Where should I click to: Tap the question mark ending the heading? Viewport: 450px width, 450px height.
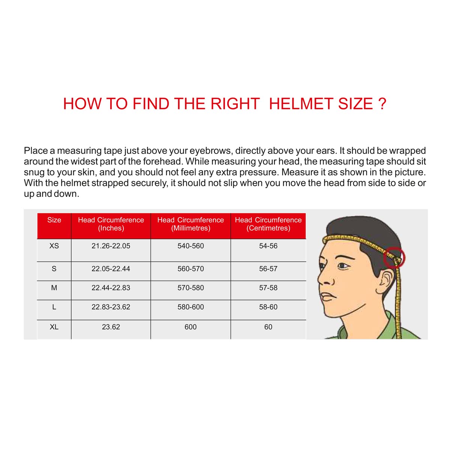tap(382, 104)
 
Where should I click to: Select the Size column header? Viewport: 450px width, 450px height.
tap(54, 220)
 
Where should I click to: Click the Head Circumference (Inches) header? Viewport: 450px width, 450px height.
tap(111, 224)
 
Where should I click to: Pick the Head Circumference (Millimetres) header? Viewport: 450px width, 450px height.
tap(190, 224)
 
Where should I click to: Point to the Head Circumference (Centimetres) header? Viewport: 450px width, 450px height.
tap(268, 224)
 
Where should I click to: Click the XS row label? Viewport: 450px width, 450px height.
tap(54, 246)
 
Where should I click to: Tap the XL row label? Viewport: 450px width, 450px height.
tap(54, 327)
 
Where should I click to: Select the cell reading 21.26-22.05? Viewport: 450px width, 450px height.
tap(111, 246)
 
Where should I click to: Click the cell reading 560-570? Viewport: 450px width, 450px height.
tap(190, 269)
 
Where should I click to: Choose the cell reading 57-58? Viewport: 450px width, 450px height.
tap(268, 288)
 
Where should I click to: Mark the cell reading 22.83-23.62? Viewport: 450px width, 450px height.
tap(111, 307)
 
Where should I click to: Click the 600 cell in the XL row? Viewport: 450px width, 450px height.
tap(190, 327)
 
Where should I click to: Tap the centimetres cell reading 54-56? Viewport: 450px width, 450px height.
tap(268, 246)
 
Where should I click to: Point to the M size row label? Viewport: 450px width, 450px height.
tap(54, 288)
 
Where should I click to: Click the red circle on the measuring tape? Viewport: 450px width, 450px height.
tap(394, 258)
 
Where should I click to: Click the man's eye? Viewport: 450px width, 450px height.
tap(342, 265)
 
